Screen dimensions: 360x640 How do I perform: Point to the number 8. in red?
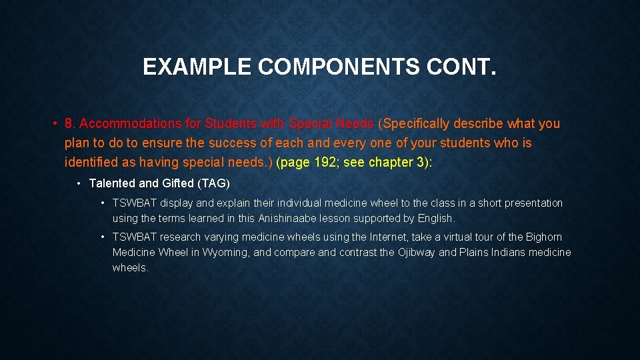click(x=70, y=123)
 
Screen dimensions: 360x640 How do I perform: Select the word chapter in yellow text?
click(x=389, y=162)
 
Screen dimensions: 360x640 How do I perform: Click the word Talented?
click(x=112, y=183)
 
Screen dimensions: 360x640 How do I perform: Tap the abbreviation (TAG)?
click(x=214, y=183)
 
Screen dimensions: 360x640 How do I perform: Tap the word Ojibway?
click(x=417, y=253)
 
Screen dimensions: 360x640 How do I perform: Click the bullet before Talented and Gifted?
click(x=79, y=183)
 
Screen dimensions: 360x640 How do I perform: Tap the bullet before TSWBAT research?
click(x=103, y=237)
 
